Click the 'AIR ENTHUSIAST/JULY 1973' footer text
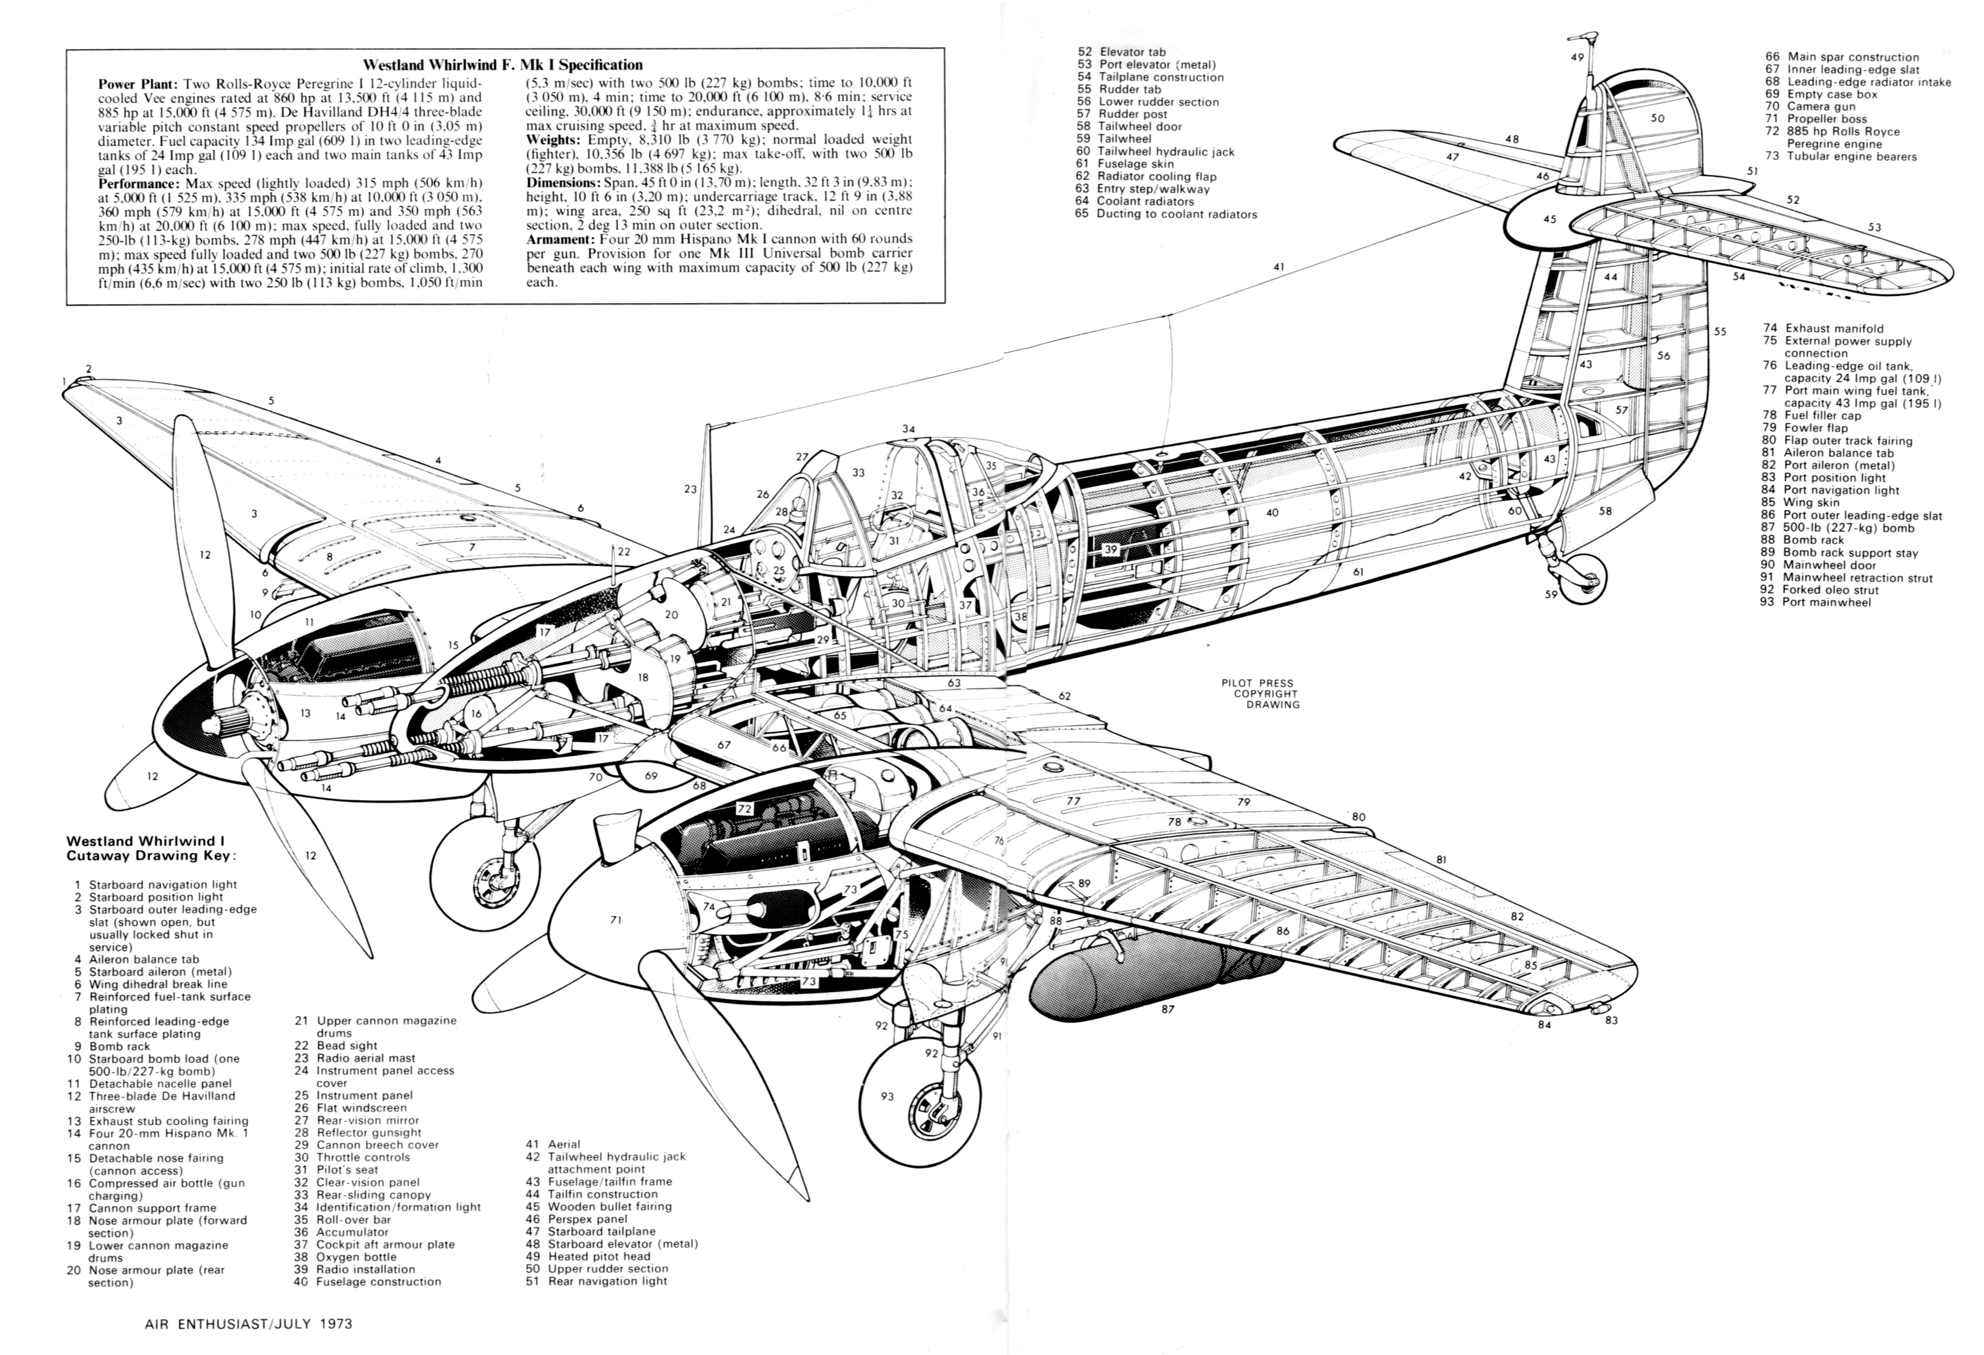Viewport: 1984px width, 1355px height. (x=248, y=1324)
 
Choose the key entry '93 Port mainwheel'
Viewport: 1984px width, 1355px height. (x=1814, y=602)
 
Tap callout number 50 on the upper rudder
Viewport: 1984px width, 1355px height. (x=1657, y=118)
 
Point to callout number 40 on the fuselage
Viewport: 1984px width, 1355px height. (x=1272, y=512)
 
